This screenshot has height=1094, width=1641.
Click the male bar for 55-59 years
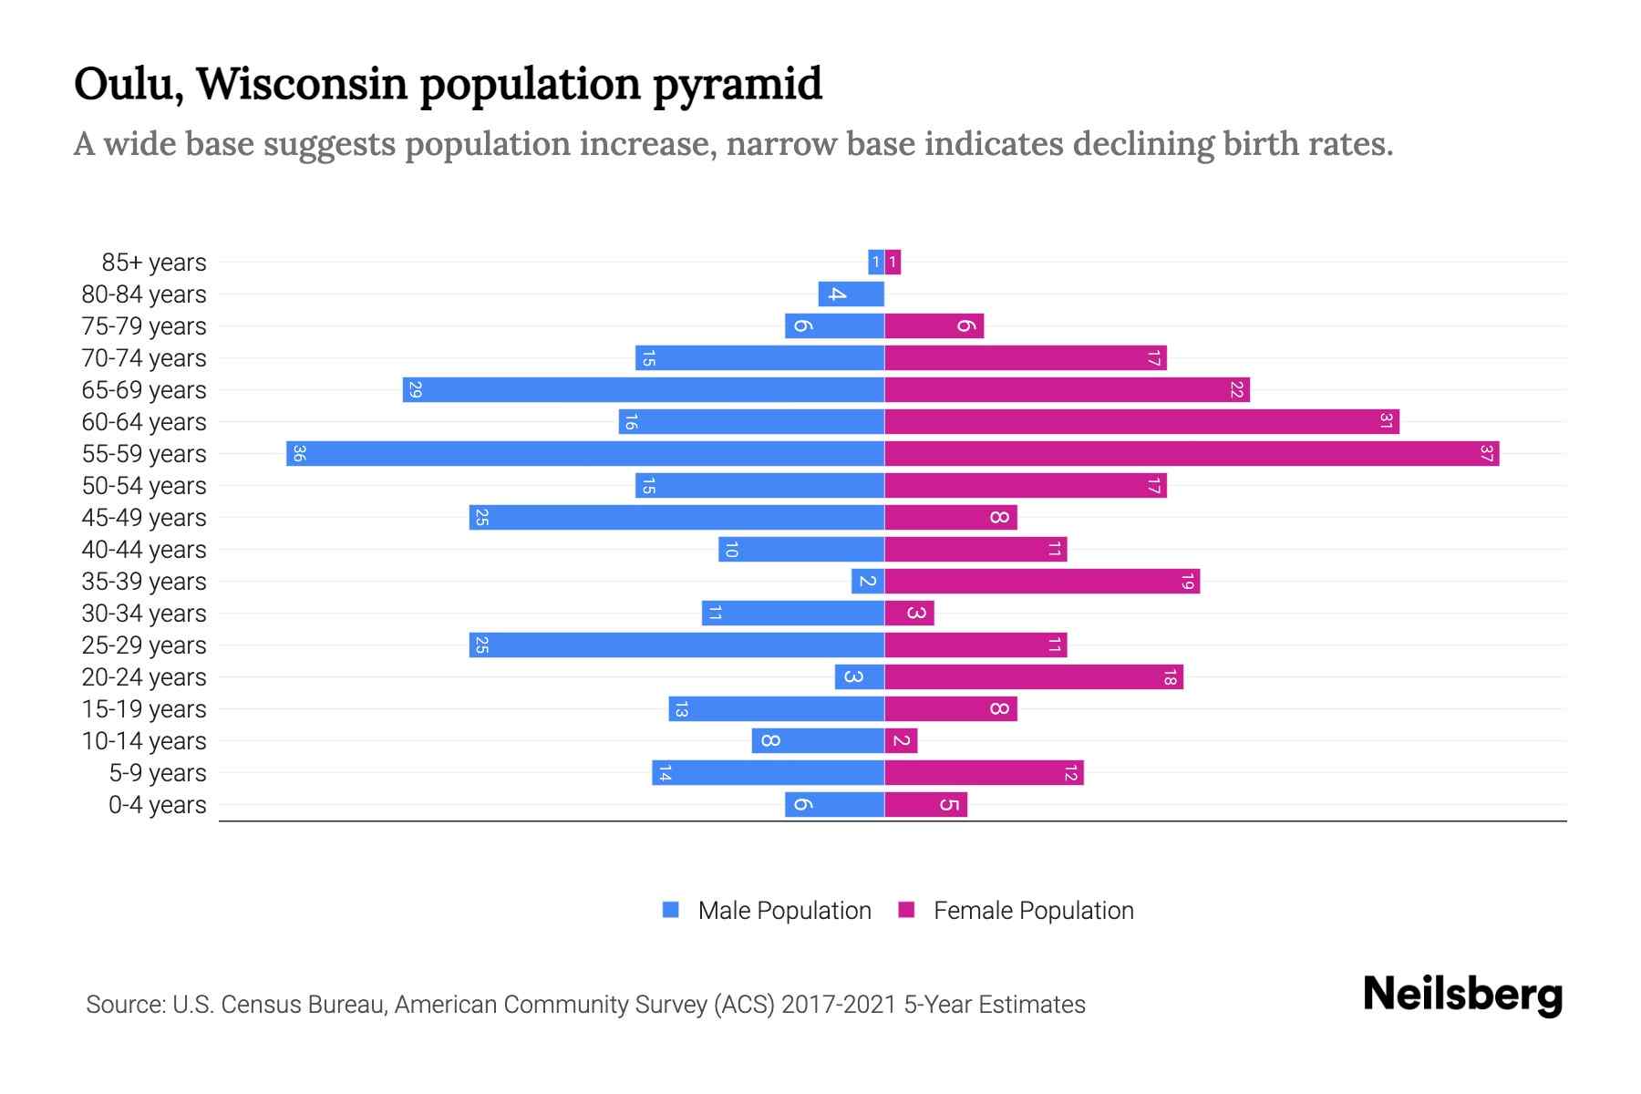585,454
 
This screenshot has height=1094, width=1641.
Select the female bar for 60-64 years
1141,422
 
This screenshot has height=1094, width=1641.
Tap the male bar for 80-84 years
851,294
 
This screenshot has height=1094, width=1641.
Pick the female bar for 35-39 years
1042,582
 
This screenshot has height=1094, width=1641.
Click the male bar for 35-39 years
867,582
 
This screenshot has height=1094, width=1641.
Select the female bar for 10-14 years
901,741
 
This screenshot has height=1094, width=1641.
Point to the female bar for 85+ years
893,263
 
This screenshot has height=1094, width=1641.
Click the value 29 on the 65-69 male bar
416,390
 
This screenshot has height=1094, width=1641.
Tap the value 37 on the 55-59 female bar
1486,454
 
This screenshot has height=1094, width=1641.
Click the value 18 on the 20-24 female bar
1170,677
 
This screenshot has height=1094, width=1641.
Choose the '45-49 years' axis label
144,518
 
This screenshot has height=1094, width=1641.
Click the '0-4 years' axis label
157,805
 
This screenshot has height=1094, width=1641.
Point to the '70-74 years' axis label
144,358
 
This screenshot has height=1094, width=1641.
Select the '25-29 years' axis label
144,645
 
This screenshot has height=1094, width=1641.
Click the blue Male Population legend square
671,910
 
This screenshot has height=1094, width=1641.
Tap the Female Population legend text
1033,910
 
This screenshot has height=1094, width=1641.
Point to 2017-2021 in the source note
839,1005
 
